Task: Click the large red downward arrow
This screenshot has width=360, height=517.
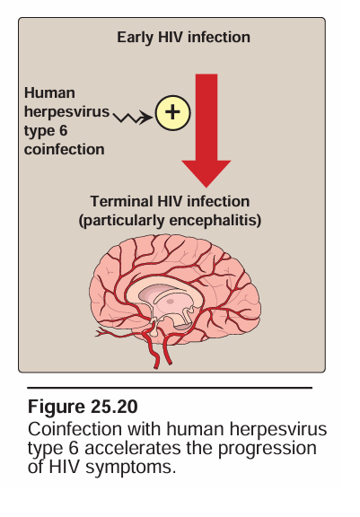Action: pos(206,130)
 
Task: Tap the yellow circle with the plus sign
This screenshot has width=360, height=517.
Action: pos(172,113)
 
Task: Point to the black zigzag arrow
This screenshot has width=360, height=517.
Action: pos(133,117)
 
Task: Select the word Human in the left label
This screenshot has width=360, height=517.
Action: pos(49,93)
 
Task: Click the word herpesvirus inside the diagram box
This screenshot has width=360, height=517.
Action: pos(67,112)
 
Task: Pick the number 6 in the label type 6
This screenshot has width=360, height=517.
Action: pos(63,130)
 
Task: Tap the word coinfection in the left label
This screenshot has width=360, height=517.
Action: pos(65,149)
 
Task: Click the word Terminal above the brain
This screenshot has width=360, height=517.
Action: pos(122,201)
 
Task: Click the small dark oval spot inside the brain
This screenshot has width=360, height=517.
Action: pos(170,301)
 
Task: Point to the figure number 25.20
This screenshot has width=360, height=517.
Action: pos(114,407)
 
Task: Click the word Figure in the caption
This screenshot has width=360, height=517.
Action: pos(57,407)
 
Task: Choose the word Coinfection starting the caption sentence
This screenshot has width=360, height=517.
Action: pos(75,429)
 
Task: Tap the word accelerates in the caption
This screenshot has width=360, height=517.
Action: pos(133,448)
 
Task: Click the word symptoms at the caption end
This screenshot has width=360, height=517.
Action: pos(131,469)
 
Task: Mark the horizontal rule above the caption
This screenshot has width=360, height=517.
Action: pos(170,388)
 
